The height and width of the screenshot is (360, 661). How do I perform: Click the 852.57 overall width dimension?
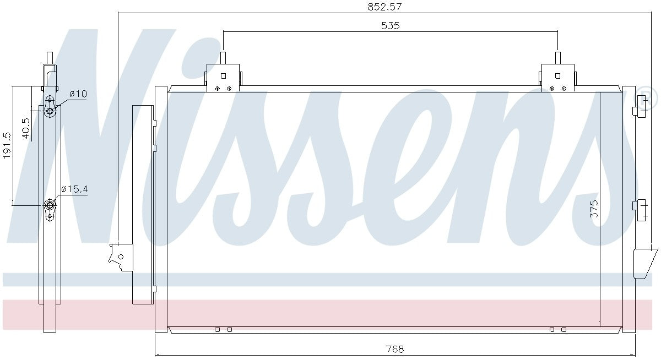[x=384, y=7]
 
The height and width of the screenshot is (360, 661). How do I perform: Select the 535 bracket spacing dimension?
[x=390, y=26]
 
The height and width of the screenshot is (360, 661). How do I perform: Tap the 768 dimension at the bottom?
[x=394, y=350]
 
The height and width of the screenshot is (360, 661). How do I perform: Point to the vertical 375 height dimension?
[x=594, y=209]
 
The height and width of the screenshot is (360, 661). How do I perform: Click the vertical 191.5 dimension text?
[x=7, y=145]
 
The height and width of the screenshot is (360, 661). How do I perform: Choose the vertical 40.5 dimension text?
[x=26, y=128]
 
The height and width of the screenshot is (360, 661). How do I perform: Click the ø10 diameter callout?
[x=78, y=94]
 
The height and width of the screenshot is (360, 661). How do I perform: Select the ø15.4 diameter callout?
[x=74, y=189]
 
